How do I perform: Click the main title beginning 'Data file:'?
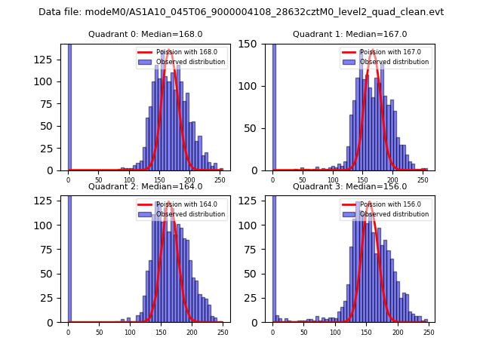(x=241, y=12)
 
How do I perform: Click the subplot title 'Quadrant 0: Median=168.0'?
(x=146, y=34)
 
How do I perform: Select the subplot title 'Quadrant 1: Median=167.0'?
(x=349, y=34)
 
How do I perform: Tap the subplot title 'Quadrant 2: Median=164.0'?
(x=146, y=186)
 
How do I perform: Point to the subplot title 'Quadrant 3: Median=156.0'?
(x=349, y=186)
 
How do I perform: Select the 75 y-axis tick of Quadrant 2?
(x=53, y=264)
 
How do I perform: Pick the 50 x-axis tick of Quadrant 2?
(x=99, y=332)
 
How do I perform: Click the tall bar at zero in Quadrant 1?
(x=273, y=106)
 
